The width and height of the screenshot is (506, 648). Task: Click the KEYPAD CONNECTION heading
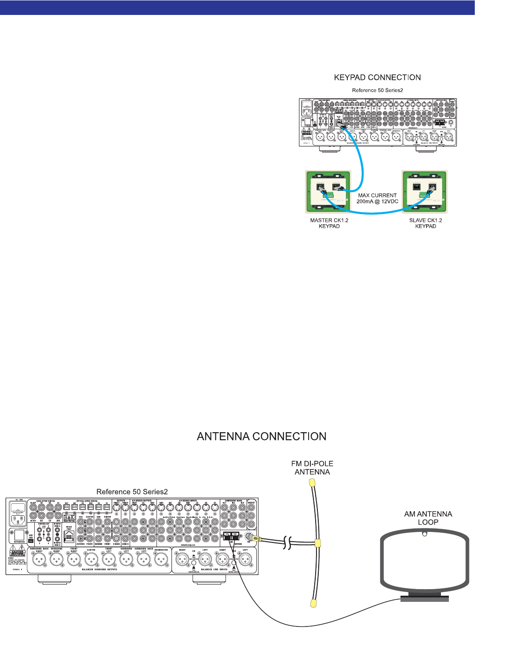pos(377,77)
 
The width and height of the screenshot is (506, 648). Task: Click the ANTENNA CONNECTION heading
pos(262,437)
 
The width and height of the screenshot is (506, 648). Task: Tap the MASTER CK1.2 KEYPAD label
pos(329,223)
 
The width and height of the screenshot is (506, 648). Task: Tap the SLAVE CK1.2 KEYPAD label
pos(426,223)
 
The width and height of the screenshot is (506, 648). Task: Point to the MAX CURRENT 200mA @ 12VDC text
pos(377,198)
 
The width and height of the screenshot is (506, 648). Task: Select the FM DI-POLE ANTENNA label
pos(312,468)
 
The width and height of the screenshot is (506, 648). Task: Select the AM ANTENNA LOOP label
pos(428,518)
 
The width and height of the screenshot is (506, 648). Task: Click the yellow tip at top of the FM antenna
pos(312,482)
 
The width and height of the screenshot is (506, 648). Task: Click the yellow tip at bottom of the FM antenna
pos(313,603)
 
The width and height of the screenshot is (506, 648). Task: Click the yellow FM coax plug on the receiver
pos(257,539)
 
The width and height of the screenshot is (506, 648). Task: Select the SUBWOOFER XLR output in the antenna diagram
pos(161,560)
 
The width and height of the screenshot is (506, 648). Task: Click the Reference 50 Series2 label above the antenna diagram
pos(132,491)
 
